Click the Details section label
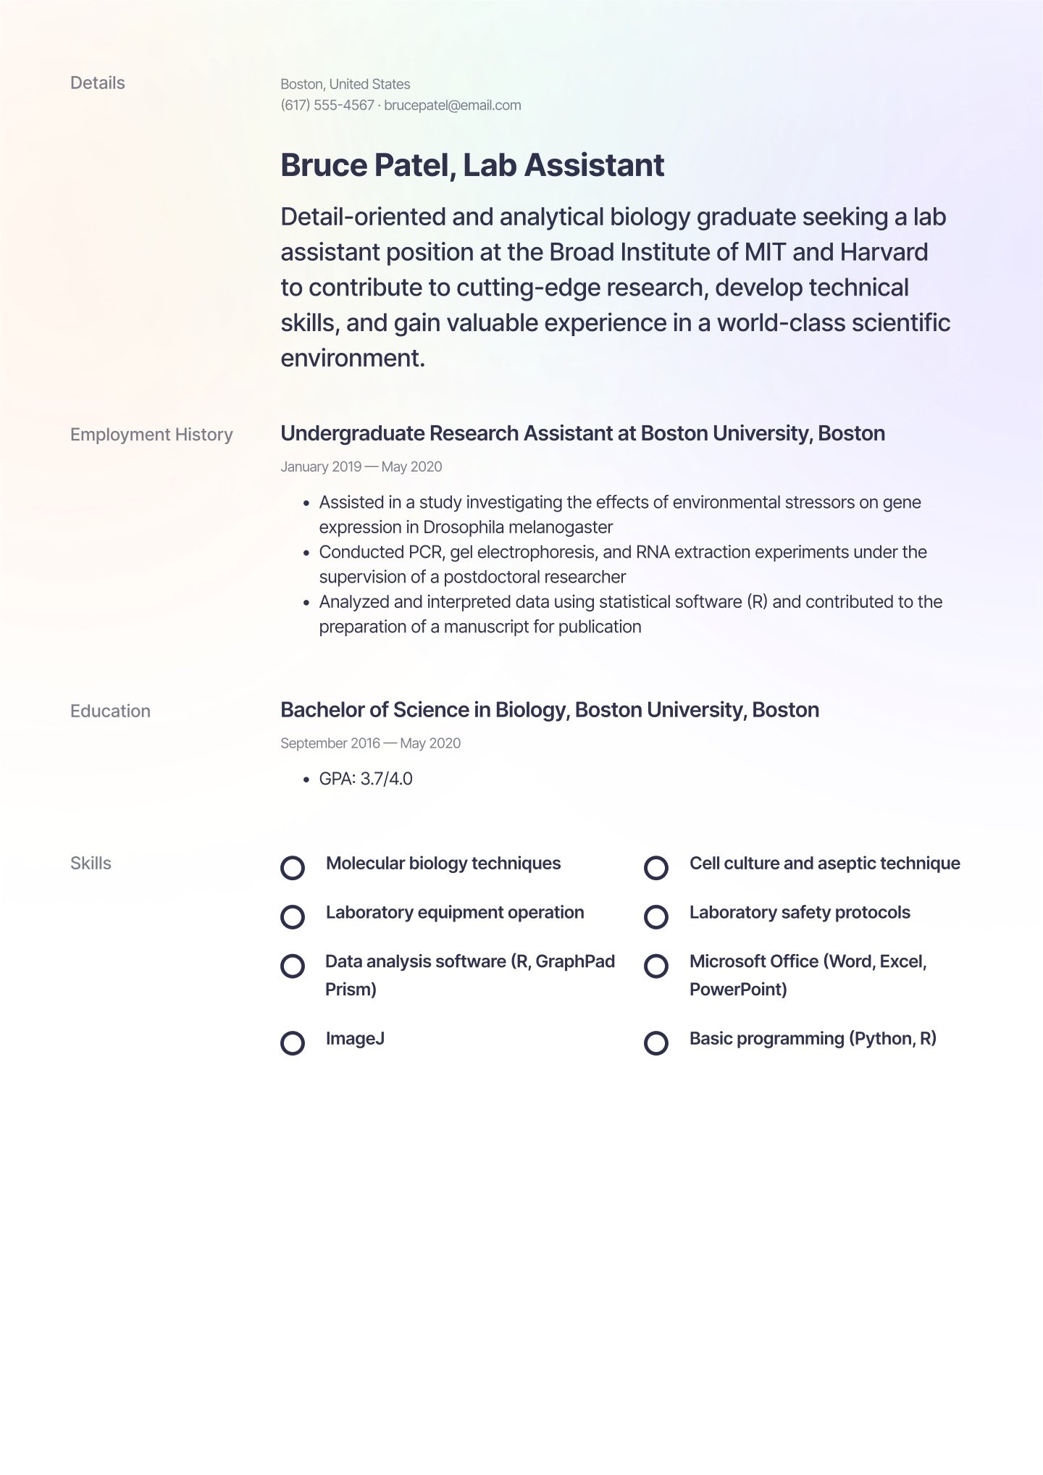(97, 83)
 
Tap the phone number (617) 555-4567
(327, 105)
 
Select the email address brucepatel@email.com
(452, 105)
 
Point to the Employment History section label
(151, 435)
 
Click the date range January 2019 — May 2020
(361, 467)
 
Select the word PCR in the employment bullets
(424, 552)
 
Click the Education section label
(110, 711)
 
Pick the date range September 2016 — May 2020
(370, 743)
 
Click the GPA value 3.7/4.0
(386, 779)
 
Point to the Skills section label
(91, 864)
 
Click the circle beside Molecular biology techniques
(293, 868)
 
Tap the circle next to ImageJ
(293, 1043)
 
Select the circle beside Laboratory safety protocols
(656, 917)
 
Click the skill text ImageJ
(355, 1039)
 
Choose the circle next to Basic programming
(656, 1043)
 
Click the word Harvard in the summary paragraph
(884, 252)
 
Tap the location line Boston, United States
(345, 84)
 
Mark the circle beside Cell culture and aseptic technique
(656, 868)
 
